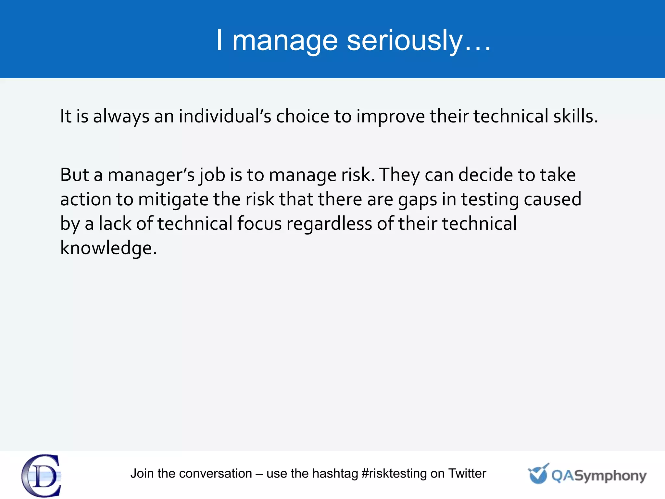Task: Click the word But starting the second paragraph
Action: pos(74,174)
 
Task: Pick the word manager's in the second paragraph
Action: pos(151,174)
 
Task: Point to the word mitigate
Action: pos(173,199)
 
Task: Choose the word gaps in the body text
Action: pos(418,199)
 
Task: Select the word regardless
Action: pos(329,224)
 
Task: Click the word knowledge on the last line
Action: pos(108,248)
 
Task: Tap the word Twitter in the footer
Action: pos(467,474)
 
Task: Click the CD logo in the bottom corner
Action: pos(42,476)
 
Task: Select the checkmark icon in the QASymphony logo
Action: pos(538,474)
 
